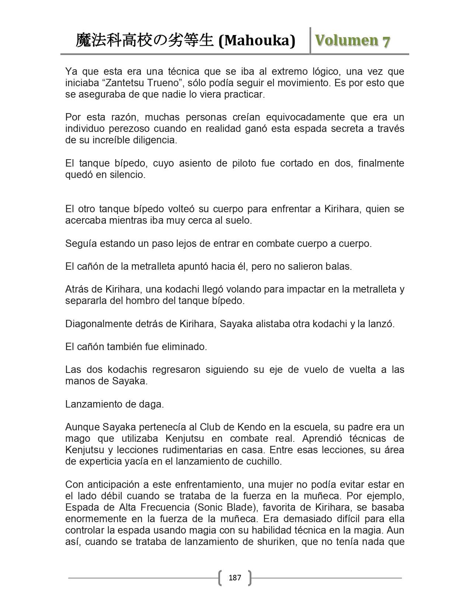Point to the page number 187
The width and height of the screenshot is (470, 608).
point(235,577)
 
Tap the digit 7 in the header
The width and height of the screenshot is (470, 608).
point(386,42)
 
